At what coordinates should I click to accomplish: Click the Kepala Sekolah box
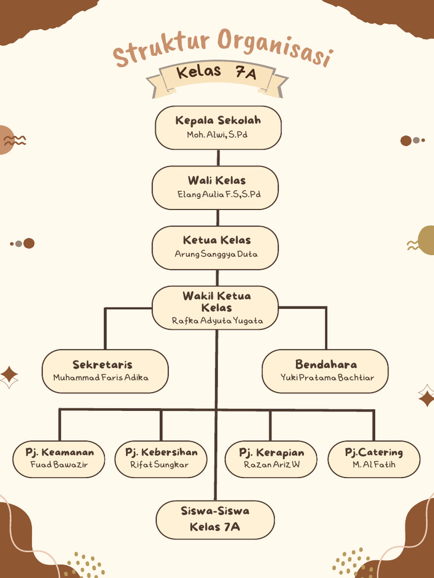tap(218, 128)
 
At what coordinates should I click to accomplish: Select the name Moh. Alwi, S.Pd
tap(218, 135)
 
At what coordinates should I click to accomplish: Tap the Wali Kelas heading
tap(216, 181)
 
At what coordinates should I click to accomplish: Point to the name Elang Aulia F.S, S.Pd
tap(219, 194)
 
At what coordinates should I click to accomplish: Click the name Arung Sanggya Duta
tap(216, 254)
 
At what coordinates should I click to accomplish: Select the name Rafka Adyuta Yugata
tap(217, 321)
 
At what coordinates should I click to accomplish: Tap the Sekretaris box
tap(105, 371)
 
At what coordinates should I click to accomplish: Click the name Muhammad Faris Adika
tap(101, 377)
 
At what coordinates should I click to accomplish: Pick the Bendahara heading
tap(326, 364)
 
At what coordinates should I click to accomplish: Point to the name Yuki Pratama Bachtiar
tap(327, 377)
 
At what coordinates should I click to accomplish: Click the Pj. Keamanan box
tap(59, 458)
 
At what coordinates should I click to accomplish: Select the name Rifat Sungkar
tap(159, 465)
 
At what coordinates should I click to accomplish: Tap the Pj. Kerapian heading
tap(271, 452)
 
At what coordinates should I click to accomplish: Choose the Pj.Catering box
tap(374, 458)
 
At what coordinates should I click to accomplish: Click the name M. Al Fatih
tap(374, 465)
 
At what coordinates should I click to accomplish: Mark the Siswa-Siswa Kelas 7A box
tap(215, 519)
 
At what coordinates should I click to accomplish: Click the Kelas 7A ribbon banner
tap(217, 74)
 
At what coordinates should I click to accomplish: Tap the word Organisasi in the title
tap(275, 47)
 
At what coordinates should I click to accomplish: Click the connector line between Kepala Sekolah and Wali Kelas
tap(218, 157)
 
